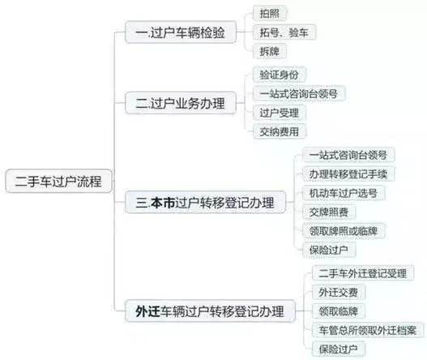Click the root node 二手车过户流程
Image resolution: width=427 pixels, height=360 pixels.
59,182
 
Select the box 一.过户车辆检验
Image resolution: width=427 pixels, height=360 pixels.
181,32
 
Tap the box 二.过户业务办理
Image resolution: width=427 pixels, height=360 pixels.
181,103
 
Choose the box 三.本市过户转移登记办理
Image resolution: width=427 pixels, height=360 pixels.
206,202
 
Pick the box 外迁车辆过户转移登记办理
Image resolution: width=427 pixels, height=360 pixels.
210,311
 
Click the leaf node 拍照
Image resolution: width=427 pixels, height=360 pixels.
270,13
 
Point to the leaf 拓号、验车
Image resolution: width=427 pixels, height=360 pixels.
284,32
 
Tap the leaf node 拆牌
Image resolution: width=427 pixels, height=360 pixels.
270,51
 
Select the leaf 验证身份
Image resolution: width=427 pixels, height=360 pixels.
280,75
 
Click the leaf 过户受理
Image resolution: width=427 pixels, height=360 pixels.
280,113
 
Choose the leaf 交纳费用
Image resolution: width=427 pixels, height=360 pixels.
280,131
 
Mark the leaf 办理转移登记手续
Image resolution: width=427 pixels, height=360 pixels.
348,174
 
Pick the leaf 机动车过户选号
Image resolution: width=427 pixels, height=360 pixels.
344,193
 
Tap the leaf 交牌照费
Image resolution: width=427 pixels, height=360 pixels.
329,212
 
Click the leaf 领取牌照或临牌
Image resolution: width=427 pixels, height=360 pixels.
344,231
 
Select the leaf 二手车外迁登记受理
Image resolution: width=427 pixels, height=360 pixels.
363,273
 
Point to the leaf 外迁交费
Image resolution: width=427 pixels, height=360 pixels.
339,292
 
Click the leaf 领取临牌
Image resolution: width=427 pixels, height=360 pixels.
339,311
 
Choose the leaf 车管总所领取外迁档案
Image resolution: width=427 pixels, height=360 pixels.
368,330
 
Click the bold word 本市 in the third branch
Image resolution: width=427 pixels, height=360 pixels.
163,203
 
